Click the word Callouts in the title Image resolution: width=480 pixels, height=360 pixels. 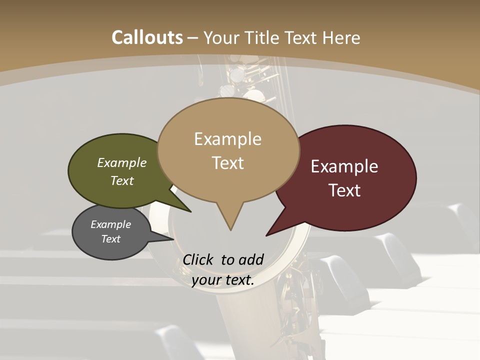(147, 37)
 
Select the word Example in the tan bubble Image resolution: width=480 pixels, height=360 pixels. (227, 139)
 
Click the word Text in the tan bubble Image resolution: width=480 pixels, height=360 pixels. (227, 163)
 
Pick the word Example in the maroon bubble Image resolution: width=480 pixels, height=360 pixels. (344, 166)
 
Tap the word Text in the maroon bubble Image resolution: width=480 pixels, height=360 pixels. (344, 190)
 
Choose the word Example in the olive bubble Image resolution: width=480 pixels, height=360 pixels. (122, 163)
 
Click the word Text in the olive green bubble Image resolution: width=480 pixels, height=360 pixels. (122, 180)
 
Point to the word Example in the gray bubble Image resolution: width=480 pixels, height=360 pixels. (110, 224)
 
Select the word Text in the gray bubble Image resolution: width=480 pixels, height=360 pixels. (110, 239)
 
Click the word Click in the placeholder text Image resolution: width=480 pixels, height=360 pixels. (198, 259)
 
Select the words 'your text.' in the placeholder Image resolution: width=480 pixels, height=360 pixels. (223, 280)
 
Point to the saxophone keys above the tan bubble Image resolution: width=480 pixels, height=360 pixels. (247, 80)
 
